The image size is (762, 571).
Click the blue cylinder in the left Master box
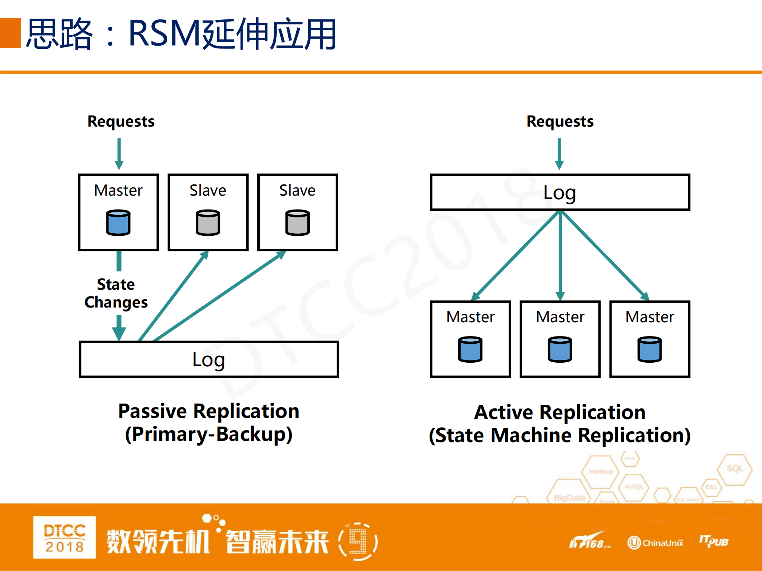coord(118,223)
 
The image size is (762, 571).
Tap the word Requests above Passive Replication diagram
coord(121,121)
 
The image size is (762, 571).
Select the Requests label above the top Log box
coord(560,121)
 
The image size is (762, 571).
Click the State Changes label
coord(116,293)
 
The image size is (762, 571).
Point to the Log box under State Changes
coord(209,360)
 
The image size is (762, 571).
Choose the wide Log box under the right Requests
coord(560,192)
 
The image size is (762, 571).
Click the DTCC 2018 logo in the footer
coord(64,537)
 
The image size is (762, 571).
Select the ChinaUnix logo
coord(656,542)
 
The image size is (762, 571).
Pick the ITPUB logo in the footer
coord(714,541)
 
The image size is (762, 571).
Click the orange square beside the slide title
coord(10,33)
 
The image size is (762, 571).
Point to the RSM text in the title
coord(165,33)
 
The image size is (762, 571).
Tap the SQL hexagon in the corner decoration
coord(735,469)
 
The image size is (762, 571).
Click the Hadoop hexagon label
coord(601,471)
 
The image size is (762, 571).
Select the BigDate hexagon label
coord(569,498)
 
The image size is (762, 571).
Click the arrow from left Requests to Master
coord(119,154)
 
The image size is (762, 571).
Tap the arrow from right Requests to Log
coord(559,154)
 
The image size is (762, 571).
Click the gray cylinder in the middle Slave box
coord(208,223)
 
